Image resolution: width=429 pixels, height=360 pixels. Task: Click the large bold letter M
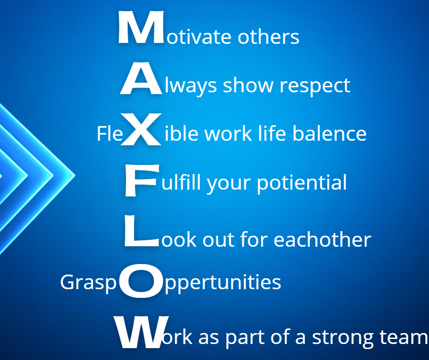pos(141,27)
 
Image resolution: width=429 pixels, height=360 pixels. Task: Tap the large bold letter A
pos(141,79)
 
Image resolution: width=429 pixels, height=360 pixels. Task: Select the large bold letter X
pos(141,129)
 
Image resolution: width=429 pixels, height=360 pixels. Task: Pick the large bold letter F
pos(142,180)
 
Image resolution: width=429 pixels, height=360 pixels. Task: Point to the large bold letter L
pos(141,231)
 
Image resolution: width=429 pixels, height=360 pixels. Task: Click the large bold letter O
pos(141,281)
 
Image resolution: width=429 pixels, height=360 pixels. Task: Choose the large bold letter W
pos(141,332)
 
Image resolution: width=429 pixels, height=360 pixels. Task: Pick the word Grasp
pos(89,283)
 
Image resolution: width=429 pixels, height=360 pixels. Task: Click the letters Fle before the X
pos(110,134)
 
